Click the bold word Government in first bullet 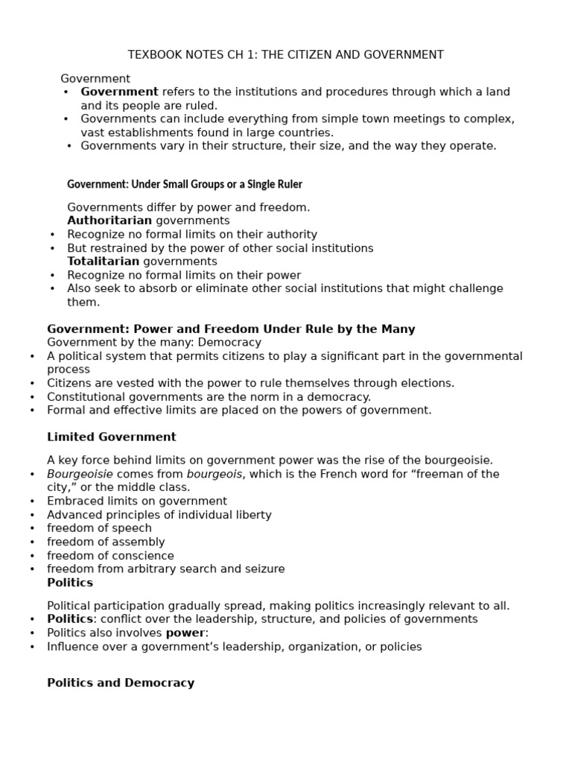(119, 92)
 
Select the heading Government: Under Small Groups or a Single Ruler (185, 184)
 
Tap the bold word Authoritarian (109, 221)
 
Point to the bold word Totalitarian (104, 262)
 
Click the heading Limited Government (112, 437)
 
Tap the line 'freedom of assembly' (106, 542)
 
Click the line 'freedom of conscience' (110, 556)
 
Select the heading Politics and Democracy (121, 683)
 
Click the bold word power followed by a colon (185, 633)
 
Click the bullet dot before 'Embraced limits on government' (32, 502)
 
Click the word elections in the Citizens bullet (426, 384)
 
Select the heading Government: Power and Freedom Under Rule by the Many (231, 329)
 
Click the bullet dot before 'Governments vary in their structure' (69, 146)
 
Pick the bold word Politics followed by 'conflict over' (70, 620)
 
